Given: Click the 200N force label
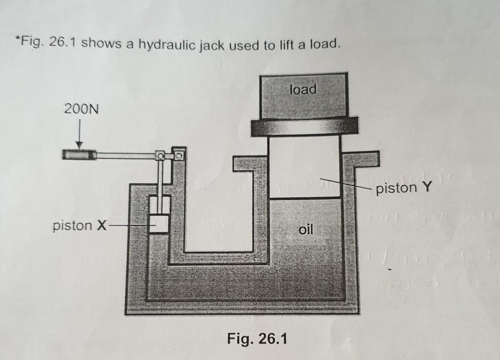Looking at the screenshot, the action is coord(81,109).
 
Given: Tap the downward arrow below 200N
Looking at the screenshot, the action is coord(79,134).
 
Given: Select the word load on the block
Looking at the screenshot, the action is coord(303,89).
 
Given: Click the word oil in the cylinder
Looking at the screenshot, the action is coord(306,229).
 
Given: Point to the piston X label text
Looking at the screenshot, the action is coord(80,225).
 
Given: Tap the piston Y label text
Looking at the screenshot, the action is coord(404,187).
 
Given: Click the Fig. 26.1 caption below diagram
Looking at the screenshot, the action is coord(257,338).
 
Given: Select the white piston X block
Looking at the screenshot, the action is coord(159,224).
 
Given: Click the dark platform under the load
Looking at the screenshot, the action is coord(304,127).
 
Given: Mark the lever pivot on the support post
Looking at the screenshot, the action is coord(179,156).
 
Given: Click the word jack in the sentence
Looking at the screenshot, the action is coord(212,46).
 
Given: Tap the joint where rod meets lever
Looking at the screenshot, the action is coord(160,156).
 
